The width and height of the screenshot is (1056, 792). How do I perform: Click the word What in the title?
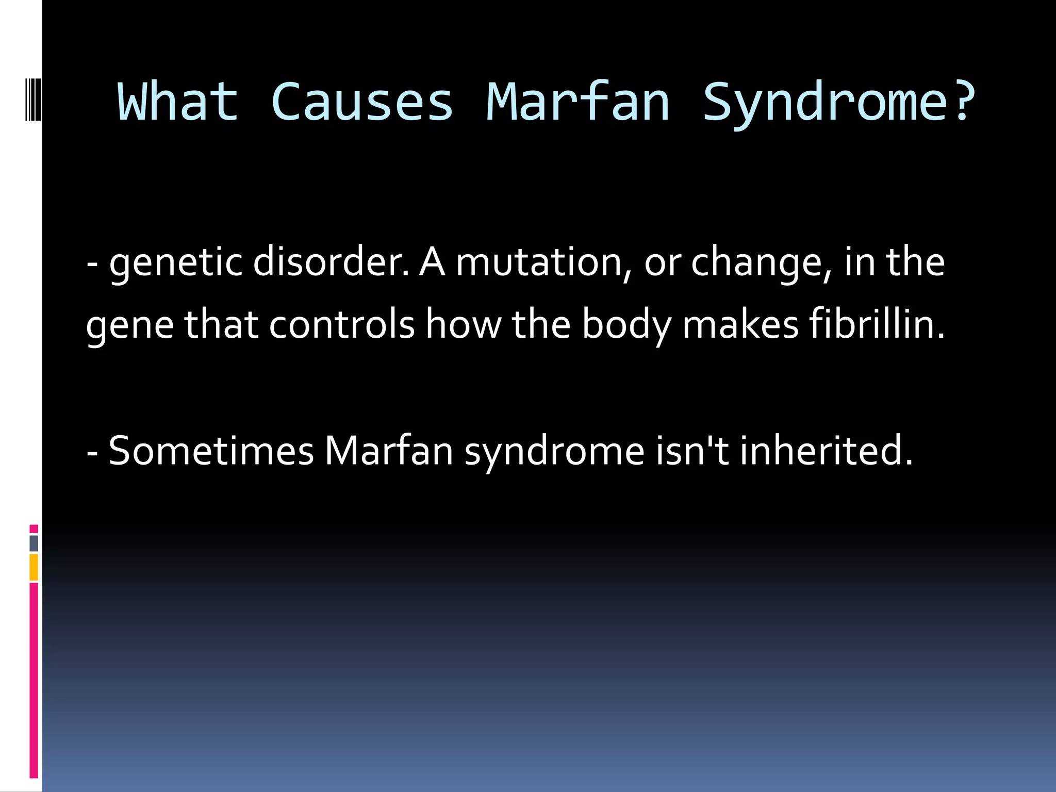[178, 102]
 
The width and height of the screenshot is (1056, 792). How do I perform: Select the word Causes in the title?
[361, 102]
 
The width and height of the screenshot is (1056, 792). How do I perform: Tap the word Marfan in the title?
[578, 102]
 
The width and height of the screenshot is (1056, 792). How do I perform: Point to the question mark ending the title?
[962, 102]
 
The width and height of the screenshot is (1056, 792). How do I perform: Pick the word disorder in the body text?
[330, 262]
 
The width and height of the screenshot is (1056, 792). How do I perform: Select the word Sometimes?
[211, 451]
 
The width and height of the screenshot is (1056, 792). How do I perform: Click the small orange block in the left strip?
[34, 567]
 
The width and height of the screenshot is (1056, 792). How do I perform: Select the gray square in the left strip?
[34, 543]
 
